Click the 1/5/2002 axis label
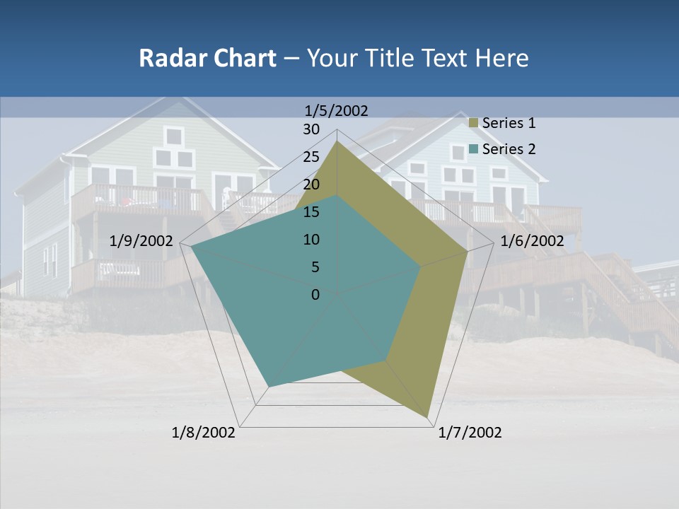(x=337, y=111)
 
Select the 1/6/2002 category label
(x=532, y=241)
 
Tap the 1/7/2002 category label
(x=470, y=433)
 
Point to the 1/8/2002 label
(x=204, y=433)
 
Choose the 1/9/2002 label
(x=141, y=241)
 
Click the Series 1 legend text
(x=509, y=123)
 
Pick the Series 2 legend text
(x=509, y=149)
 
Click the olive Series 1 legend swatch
(x=475, y=124)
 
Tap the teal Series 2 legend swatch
(x=475, y=149)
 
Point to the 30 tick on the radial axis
(x=311, y=129)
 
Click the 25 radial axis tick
(x=311, y=157)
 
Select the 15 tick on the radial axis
(x=311, y=212)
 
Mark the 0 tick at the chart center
(x=315, y=295)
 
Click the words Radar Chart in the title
(x=207, y=58)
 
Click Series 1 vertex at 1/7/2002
(x=428, y=417)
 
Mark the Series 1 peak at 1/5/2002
(x=337, y=141)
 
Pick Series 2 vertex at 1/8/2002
(x=269, y=386)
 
